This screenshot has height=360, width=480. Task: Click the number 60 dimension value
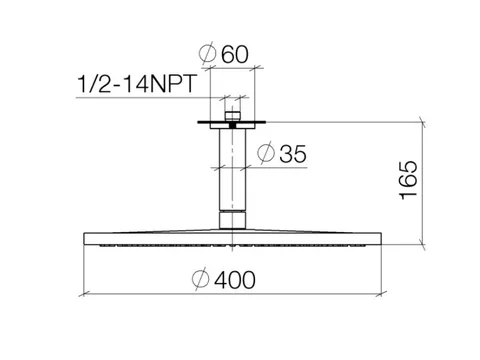(x=235, y=54)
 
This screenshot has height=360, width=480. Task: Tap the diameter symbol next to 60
(x=207, y=53)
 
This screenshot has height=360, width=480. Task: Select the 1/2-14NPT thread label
(x=137, y=84)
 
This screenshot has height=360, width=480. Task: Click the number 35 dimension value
(x=293, y=154)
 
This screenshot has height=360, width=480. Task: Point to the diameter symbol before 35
(x=266, y=153)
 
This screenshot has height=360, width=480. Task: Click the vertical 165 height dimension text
(x=409, y=180)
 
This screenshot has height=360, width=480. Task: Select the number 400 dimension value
(x=235, y=280)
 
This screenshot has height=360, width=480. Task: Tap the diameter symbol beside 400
(x=201, y=279)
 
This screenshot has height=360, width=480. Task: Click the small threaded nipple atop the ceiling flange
(x=232, y=116)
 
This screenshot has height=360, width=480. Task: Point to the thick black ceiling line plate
(x=232, y=122)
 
